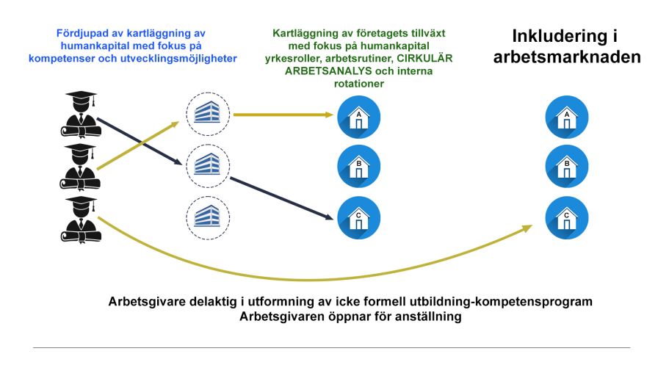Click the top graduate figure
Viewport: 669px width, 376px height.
(x=81, y=115)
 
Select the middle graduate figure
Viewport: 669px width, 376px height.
(x=80, y=167)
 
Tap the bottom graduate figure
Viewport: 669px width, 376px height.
(x=81, y=220)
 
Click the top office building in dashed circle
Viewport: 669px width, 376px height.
(x=208, y=114)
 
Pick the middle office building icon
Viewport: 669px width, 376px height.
(x=208, y=165)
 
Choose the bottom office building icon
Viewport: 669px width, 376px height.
(x=208, y=217)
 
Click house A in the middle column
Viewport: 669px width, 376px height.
(x=359, y=117)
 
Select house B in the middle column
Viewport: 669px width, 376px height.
(x=359, y=167)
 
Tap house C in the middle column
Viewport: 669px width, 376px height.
(x=359, y=217)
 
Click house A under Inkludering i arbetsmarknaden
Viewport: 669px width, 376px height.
(x=567, y=117)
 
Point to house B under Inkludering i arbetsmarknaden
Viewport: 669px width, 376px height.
(x=567, y=167)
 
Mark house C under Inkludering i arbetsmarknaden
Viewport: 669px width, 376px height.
(x=567, y=217)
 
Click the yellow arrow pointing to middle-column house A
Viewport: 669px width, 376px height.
(x=283, y=115)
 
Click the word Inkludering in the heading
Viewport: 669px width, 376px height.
(x=560, y=36)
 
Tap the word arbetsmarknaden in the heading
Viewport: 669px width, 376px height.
(x=567, y=57)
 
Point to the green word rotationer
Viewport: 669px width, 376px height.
(x=359, y=84)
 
